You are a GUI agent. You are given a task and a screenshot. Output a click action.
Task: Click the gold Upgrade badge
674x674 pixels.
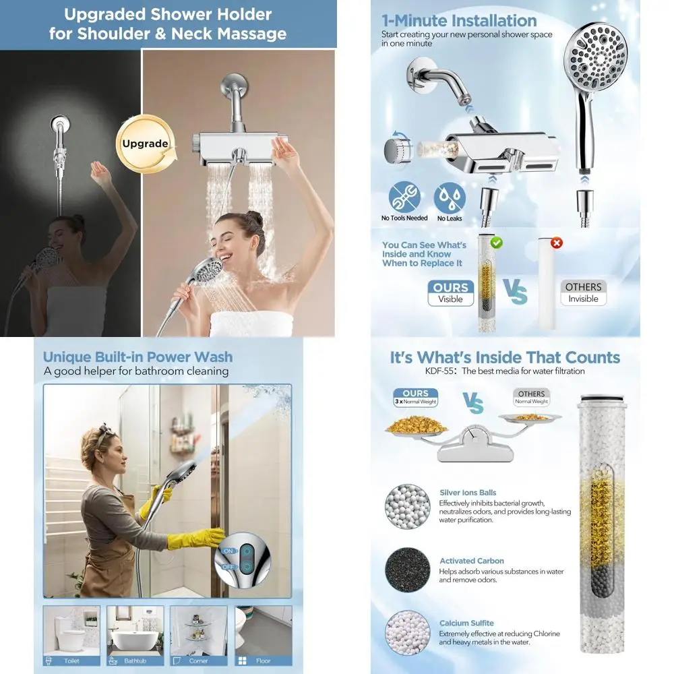(x=145, y=144)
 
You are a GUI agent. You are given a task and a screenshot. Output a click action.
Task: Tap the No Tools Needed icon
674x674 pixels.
(x=404, y=197)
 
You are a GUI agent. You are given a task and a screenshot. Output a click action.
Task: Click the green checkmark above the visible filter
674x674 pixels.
(x=497, y=242)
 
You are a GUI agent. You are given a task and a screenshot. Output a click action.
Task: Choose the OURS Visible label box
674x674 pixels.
(x=450, y=293)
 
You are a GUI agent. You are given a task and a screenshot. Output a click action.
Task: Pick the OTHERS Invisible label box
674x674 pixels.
(x=583, y=293)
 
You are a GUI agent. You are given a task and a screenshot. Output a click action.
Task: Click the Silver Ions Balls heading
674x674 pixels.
(x=468, y=493)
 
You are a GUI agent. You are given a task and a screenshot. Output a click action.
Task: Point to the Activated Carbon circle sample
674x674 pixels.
(x=407, y=570)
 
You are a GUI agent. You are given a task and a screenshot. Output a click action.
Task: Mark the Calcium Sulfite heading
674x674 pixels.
(x=466, y=623)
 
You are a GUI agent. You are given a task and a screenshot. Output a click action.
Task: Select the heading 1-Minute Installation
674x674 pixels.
(x=459, y=20)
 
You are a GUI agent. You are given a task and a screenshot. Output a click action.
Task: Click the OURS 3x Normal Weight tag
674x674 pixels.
(x=415, y=397)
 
